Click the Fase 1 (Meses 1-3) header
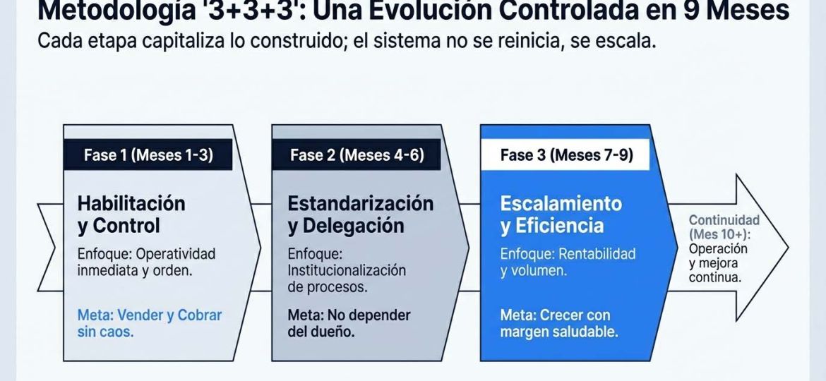(148, 155)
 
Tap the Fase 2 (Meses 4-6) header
(357, 155)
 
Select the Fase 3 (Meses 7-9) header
(566, 155)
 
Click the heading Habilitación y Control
(132, 214)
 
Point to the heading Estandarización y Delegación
(360, 214)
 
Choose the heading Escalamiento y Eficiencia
(561, 214)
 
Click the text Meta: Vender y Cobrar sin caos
(150, 323)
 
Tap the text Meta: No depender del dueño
(349, 323)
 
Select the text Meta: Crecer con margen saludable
(559, 323)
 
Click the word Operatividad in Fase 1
(176, 254)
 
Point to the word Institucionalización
(347, 270)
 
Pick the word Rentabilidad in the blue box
(597, 254)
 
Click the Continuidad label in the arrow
(724, 220)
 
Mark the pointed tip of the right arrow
(788, 248)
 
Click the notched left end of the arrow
(55, 248)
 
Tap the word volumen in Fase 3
(534, 272)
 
